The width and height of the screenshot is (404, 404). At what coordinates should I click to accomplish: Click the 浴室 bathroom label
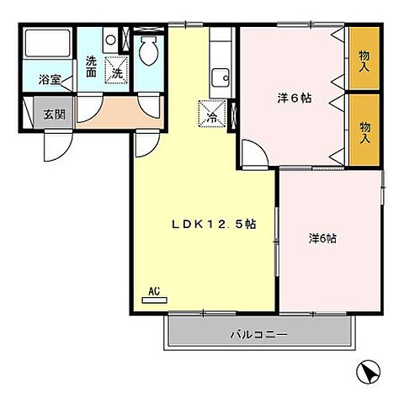49,81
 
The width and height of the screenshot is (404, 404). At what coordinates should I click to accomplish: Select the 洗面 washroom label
92,66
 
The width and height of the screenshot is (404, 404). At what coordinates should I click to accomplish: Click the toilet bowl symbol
149,53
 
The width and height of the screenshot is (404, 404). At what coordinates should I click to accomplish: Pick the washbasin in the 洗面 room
110,40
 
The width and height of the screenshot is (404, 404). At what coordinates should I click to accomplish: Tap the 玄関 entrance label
54,114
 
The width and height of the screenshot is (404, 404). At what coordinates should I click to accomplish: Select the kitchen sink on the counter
221,77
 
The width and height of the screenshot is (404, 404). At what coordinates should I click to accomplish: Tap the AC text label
154,291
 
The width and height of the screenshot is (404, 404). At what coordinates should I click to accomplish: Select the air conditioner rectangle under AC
154,300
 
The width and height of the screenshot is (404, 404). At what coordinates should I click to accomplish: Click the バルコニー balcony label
259,335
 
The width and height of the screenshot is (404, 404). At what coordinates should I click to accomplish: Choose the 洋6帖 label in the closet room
295,98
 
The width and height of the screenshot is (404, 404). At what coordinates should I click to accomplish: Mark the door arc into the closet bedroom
252,153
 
